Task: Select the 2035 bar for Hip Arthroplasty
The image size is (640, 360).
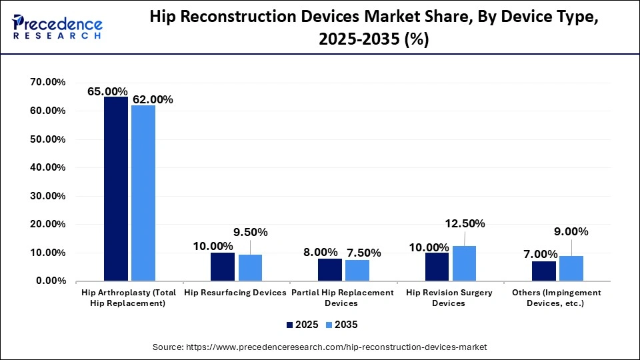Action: (x=143, y=193)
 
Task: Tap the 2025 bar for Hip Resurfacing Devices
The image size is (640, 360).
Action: (x=223, y=267)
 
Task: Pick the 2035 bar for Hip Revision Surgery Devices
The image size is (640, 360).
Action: (x=464, y=263)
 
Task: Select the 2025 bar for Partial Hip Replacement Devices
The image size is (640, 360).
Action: (x=330, y=269)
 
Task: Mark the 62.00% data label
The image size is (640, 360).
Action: (x=153, y=99)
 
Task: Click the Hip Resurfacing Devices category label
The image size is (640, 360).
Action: (x=235, y=293)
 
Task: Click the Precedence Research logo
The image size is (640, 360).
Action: (x=57, y=25)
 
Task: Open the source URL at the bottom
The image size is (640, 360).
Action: (x=320, y=347)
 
